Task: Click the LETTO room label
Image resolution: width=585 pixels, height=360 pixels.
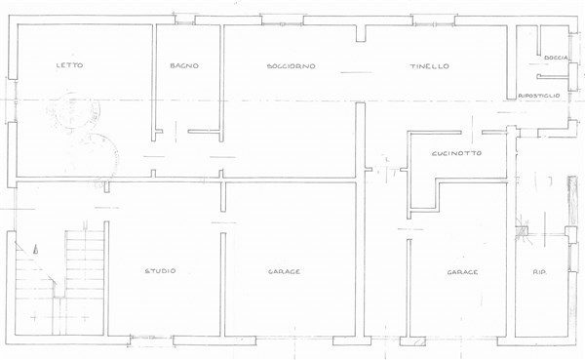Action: coord(69,65)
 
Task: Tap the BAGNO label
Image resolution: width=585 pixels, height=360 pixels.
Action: coord(184,65)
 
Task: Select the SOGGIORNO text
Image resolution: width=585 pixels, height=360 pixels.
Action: coord(292,66)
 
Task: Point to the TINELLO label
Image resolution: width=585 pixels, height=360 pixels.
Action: coord(429,66)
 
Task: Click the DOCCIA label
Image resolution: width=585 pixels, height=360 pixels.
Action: coord(556,58)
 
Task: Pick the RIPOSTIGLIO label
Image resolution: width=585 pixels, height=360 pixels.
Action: coord(539,96)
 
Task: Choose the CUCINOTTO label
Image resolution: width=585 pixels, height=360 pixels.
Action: coord(456,153)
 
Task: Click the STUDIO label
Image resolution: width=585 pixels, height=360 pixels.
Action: coord(160,271)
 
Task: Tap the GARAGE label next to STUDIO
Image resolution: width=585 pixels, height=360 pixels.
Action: coord(285,271)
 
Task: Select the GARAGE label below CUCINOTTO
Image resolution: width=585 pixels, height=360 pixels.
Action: coord(462,272)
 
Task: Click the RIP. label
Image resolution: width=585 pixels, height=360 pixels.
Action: coord(539,272)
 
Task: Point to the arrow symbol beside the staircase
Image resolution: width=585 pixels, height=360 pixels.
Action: coord(35,249)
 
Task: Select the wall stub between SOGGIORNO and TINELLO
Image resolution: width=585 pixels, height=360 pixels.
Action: coord(361,33)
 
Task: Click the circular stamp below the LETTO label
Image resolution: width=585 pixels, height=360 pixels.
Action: coord(70,112)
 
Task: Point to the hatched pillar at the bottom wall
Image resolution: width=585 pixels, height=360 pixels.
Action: coord(418,341)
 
